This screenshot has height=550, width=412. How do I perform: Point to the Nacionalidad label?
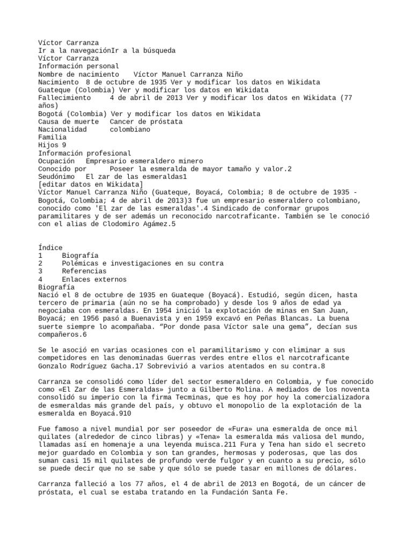[x=62, y=130]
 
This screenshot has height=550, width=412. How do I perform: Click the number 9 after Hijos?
[x=64, y=145]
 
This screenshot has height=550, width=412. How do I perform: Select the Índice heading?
[x=50, y=248]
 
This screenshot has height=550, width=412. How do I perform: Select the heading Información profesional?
[x=84, y=153]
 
